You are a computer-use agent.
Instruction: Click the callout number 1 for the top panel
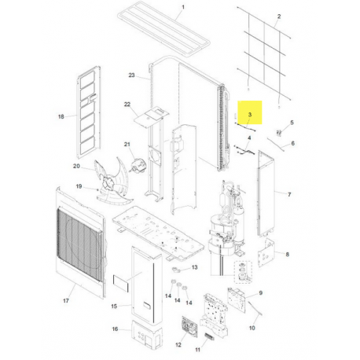pyautogui.click(x=183, y=7)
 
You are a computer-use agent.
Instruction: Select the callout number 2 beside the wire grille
pyautogui.click(x=279, y=17)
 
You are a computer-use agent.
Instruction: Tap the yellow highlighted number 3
pyautogui.click(x=250, y=115)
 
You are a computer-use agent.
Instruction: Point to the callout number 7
pyautogui.click(x=289, y=194)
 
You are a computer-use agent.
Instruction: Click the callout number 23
pyautogui.click(x=131, y=75)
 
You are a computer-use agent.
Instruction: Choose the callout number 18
pyautogui.click(x=61, y=116)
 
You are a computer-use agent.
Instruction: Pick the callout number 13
pyautogui.click(x=194, y=267)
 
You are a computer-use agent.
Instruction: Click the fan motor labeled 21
pyautogui.click(x=138, y=165)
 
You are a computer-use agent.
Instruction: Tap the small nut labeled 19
pyautogui.click(x=97, y=189)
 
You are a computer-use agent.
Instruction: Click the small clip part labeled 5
pyautogui.click(x=279, y=133)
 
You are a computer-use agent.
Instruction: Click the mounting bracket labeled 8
pyautogui.click(x=266, y=252)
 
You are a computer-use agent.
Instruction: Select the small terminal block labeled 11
pyautogui.click(x=209, y=336)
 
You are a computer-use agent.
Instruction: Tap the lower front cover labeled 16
pyautogui.click(x=146, y=334)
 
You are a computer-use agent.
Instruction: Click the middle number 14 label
pyautogui.click(x=178, y=300)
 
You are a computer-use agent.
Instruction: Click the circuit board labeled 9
pyautogui.click(x=237, y=300)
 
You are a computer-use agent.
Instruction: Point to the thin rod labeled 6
pyautogui.click(x=276, y=145)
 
